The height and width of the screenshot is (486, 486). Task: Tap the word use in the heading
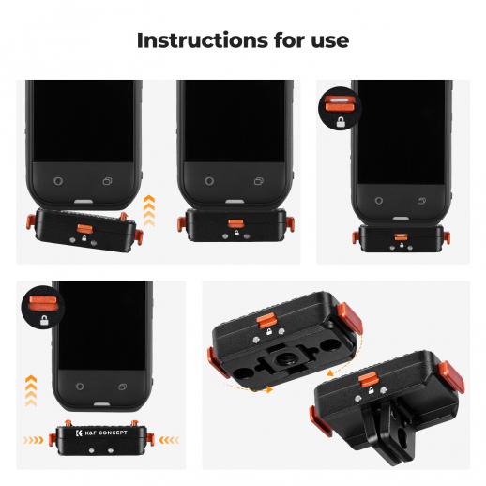(330, 41)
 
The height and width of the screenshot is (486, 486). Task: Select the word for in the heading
(290, 40)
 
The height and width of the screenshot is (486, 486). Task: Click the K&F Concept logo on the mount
(101, 433)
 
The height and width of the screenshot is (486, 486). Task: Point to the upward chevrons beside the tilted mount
(149, 210)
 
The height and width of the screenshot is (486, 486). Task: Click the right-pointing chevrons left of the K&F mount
(34, 440)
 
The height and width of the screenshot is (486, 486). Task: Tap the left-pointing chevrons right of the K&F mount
(169, 440)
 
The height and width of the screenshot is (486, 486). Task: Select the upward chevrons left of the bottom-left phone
(31, 391)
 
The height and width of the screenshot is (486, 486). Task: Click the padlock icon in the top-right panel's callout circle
(341, 122)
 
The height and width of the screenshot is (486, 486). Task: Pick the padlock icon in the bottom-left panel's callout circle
(44, 320)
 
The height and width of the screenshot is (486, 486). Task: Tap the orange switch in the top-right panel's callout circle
(340, 103)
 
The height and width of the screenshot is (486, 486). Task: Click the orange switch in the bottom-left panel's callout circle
(43, 303)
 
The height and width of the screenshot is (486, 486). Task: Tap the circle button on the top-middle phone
(209, 181)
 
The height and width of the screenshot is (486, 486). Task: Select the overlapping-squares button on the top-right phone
(421, 201)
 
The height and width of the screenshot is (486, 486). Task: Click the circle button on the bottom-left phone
(80, 387)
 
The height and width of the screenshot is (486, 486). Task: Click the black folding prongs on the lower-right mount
(387, 423)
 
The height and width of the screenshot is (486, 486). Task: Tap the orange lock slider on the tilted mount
(84, 229)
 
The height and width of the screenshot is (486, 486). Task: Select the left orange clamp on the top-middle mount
(181, 224)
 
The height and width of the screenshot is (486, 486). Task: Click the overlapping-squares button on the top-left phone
(108, 181)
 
